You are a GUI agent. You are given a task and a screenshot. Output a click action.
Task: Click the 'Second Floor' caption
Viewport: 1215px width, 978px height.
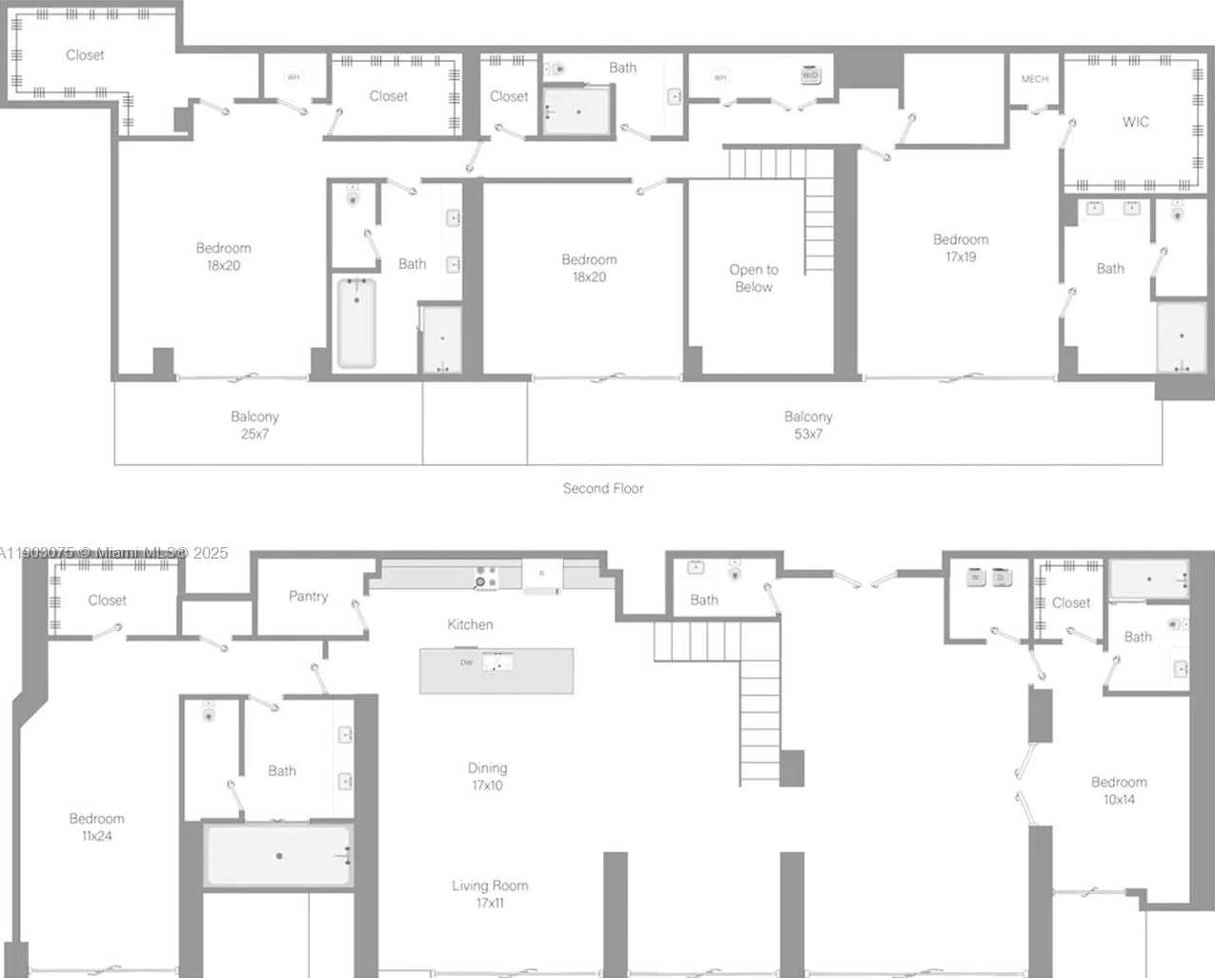602,488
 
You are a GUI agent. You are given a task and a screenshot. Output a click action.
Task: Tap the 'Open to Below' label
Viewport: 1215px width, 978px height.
754,278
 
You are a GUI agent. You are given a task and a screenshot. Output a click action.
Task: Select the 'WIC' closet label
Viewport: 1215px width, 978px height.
1135,122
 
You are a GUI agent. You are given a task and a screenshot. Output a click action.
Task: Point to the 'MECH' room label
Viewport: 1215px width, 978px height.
1035,79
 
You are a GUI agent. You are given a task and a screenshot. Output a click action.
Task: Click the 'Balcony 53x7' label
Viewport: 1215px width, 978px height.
808,425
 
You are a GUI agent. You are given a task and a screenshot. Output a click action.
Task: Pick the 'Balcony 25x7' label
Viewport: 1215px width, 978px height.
254,425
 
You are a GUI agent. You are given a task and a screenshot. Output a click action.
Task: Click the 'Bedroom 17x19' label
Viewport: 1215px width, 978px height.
961,248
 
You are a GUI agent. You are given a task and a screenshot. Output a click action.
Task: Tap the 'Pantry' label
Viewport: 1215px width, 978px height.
308,596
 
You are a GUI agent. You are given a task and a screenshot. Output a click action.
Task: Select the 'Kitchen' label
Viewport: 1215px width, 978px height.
470,624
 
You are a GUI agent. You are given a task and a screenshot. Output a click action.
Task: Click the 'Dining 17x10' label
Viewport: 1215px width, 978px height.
487,776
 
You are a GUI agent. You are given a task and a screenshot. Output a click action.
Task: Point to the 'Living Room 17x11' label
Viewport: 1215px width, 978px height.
490,894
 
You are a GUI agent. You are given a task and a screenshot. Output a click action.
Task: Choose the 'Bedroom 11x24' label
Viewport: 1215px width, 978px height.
96,826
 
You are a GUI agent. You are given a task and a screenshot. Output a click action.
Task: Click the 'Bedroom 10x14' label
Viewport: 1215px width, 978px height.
1119,790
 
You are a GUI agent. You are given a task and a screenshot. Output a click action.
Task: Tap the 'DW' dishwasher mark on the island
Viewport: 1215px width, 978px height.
466,662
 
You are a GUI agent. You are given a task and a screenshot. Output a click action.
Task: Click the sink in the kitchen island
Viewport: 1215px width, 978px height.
496,662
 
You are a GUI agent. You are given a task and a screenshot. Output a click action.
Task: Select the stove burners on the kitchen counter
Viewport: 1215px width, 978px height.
486,578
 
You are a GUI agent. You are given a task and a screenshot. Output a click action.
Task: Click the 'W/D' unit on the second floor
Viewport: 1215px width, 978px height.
810,74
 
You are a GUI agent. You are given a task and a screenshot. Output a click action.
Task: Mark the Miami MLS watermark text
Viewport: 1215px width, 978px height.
114,552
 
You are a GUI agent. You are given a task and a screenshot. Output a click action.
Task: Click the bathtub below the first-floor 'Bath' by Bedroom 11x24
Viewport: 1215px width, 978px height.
278,855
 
